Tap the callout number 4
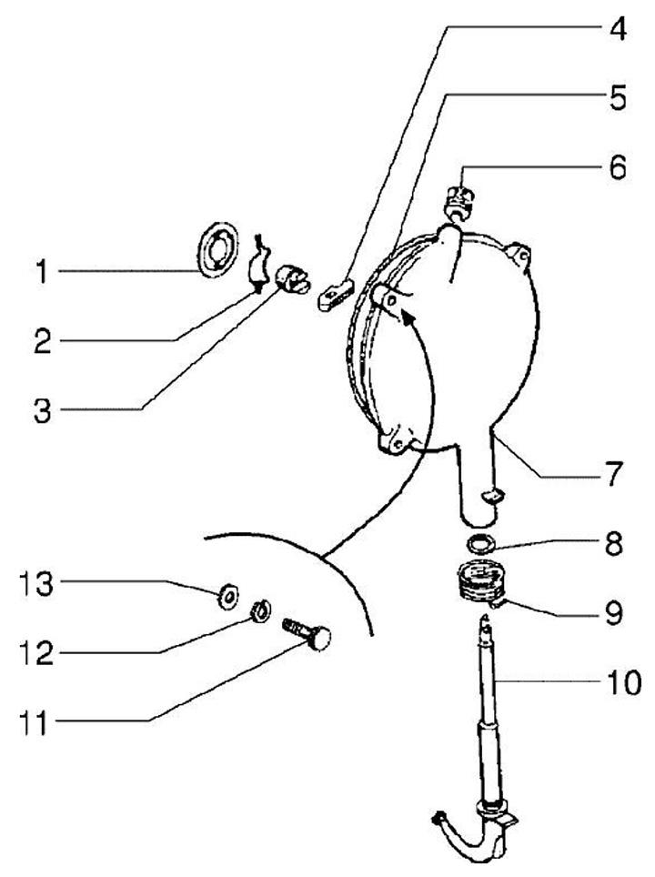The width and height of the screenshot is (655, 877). pos(619,28)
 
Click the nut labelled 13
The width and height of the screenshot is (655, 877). pos(226,597)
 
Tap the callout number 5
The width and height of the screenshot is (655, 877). pos(618,97)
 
